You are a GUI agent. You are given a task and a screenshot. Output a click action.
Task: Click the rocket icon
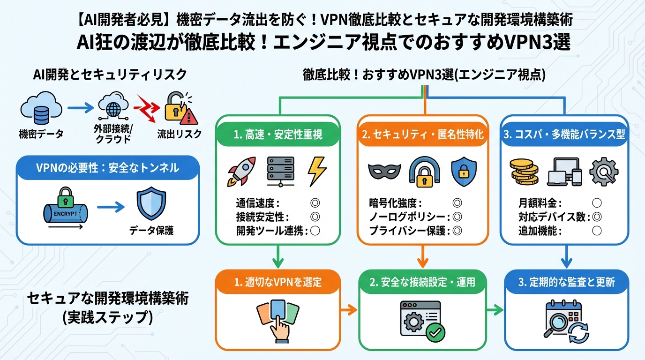tap(241, 172)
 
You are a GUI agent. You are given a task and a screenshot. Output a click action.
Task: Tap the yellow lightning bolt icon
tap(316, 172)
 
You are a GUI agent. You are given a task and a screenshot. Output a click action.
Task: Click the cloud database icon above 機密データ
tap(41, 108)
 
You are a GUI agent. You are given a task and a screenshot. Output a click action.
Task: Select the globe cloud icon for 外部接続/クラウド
tap(113, 108)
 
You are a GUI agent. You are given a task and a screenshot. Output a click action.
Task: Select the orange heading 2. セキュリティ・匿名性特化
tap(423, 135)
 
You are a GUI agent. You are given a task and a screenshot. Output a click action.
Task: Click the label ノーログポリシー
tap(409, 217)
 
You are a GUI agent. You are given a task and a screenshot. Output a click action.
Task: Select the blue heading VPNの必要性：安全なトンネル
tap(108, 168)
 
